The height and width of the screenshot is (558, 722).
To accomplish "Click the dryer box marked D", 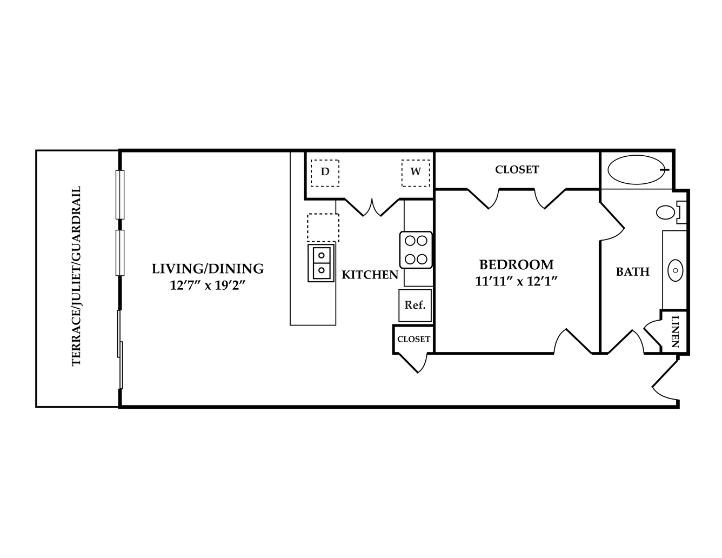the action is pos(325,173).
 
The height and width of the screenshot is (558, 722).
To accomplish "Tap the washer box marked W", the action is pos(416,173).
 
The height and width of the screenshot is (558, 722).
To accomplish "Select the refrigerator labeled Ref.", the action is pos(415,305).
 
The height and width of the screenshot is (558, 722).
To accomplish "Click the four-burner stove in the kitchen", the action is pos(416,250).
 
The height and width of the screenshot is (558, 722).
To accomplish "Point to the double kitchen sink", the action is pos(321,263).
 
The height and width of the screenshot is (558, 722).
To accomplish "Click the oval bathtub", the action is pos(636,170).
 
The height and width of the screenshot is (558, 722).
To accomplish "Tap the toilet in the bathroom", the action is pos(671,212).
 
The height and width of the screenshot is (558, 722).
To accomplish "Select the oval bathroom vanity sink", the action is pos(675,270).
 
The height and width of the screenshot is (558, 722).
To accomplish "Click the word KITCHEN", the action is pos(370,275).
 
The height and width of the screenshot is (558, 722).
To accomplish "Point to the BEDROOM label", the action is pos(516,265).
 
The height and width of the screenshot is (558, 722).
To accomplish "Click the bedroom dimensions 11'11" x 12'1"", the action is pos(516,282).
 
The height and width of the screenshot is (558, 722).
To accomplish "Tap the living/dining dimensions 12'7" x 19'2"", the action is pos(208,285).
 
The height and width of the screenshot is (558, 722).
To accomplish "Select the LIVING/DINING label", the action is pos(208,269).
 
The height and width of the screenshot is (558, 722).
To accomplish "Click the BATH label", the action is pos(633,272).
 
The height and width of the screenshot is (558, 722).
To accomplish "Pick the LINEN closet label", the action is pos(675,331).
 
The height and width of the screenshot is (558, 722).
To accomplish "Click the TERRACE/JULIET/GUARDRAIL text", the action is pos(76,276).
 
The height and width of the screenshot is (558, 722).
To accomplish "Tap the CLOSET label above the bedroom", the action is pos(517,170).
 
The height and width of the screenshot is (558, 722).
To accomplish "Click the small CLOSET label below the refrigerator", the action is pos(413,340).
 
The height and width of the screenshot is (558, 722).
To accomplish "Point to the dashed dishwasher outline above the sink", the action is pos(323,228).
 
